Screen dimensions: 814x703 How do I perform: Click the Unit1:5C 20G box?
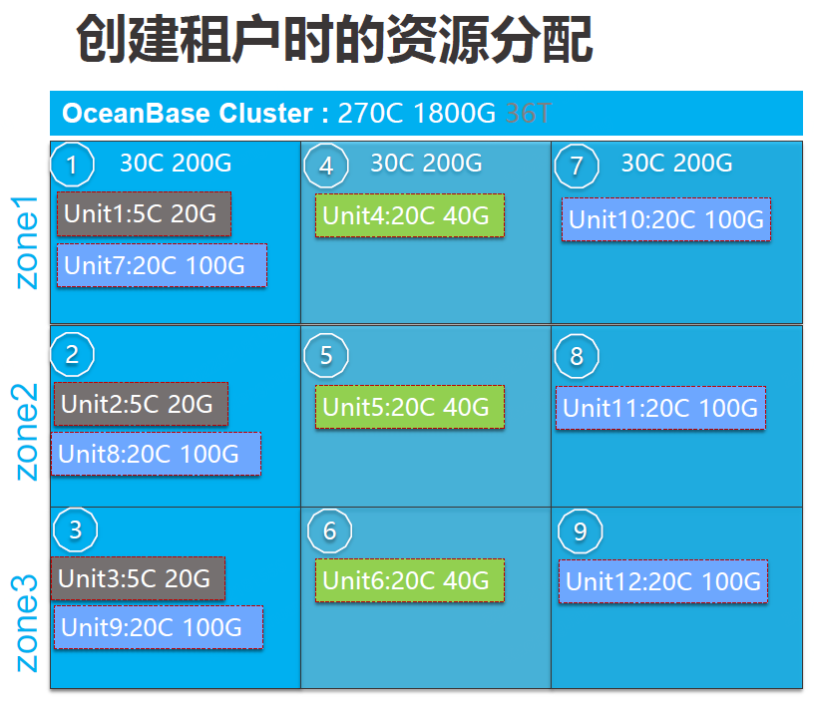(144, 213)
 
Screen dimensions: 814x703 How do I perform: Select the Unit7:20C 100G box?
(162, 265)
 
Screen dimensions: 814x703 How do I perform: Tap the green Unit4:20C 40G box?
(410, 215)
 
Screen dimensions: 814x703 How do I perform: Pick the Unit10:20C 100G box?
(666, 219)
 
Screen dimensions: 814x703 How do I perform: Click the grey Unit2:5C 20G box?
(141, 404)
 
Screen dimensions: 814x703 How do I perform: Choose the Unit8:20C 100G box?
(156, 454)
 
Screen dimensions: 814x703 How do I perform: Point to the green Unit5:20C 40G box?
(410, 407)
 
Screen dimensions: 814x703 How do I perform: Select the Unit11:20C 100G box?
(660, 408)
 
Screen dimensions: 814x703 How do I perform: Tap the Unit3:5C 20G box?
(138, 578)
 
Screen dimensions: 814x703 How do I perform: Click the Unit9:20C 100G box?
(159, 627)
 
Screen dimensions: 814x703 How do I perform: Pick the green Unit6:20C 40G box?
(410, 580)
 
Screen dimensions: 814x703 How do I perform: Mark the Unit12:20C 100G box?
(663, 581)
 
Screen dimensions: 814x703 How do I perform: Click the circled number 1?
(72, 165)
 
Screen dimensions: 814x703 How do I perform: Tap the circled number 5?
(326, 356)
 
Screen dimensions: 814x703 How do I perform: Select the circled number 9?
(580, 531)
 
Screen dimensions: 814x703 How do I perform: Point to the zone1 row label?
(26, 242)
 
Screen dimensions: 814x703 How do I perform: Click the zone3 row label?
(25, 622)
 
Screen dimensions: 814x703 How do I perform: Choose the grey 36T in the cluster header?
(528, 113)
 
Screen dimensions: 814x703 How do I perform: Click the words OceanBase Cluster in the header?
(188, 113)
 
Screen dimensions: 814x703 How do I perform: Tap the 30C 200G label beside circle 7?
(677, 163)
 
